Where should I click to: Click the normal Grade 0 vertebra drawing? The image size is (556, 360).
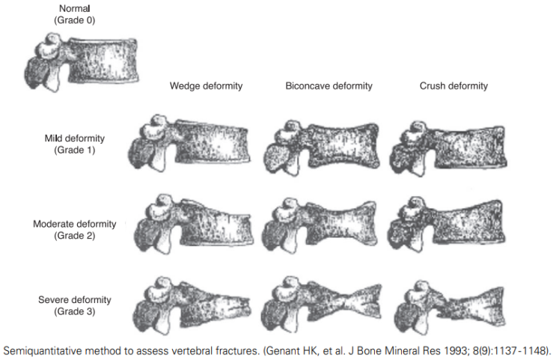(82, 62)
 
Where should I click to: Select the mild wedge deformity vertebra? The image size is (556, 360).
(189, 144)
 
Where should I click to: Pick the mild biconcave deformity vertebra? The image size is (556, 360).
(321, 147)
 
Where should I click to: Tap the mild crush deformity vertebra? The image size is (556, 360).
(448, 148)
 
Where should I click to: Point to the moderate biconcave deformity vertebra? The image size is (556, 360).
(320, 225)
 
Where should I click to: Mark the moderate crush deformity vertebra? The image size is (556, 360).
(447, 224)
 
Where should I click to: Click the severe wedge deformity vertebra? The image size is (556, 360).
(192, 305)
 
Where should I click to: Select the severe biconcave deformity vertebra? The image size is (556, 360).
(321, 305)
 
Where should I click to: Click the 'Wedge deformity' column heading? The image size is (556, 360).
(206, 86)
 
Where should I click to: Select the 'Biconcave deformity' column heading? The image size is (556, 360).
(329, 86)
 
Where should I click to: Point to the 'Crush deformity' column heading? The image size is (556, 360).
(453, 86)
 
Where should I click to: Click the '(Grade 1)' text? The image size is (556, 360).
(75, 150)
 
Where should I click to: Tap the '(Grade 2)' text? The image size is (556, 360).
(75, 236)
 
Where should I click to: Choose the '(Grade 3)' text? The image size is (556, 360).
(75, 311)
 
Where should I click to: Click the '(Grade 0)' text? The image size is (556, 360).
(75, 20)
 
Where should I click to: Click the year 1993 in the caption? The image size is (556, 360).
(456, 351)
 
